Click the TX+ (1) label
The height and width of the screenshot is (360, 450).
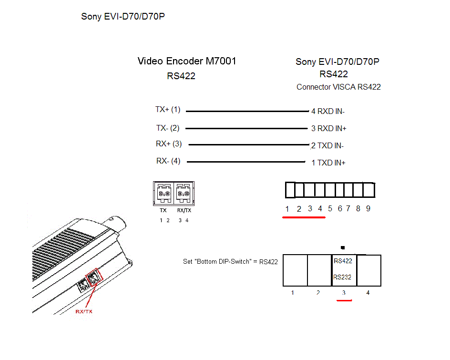click(168, 110)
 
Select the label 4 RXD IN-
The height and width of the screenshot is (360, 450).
click(328, 112)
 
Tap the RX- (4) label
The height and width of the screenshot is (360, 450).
click(168, 161)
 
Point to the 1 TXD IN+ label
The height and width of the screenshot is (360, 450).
click(328, 163)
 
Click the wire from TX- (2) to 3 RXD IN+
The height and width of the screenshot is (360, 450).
click(246, 128)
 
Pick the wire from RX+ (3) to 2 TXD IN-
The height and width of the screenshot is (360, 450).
click(249, 144)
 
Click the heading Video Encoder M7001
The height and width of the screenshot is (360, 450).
click(187, 61)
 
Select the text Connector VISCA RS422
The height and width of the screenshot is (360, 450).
click(338, 87)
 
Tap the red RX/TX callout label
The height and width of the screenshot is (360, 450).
click(84, 311)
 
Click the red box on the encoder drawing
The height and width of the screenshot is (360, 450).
click(94, 278)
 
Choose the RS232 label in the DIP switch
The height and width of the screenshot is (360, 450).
click(342, 277)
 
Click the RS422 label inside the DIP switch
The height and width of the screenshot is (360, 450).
click(343, 261)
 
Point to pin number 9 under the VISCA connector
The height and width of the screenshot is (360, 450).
click(368, 208)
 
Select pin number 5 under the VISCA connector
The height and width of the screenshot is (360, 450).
click(330, 208)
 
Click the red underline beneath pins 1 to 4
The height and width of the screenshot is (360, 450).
click(304, 217)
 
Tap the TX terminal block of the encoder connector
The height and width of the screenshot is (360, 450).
click(164, 193)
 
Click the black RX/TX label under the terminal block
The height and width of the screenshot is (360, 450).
click(184, 210)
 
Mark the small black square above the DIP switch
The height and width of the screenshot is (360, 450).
click(343, 247)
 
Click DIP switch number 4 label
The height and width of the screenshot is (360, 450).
click(368, 293)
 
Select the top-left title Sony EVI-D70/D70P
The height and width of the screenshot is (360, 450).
click(123, 16)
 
